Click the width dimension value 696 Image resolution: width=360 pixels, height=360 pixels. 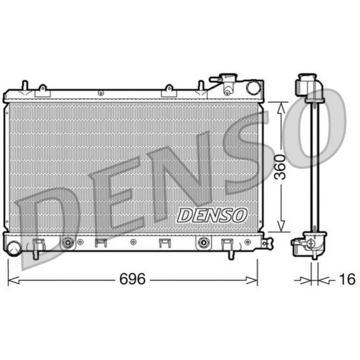pyautogui.click(x=133, y=279)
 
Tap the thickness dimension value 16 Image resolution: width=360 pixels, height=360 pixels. pyautogui.click(x=347, y=279)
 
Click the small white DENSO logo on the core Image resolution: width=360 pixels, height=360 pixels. pyautogui.click(x=212, y=215)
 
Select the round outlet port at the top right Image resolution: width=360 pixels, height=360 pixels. pyautogui.click(x=253, y=87)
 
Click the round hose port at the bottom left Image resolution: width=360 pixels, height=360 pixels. pyautogui.click(x=14, y=247)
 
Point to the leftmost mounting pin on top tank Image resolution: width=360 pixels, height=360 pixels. pyautogui.click(x=24, y=85)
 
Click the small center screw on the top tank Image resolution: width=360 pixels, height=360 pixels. pyautogui.click(x=101, y=93)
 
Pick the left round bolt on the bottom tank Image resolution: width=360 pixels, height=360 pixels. pyautogui.click(x=67, y=242)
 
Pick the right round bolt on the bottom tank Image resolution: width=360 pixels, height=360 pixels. pyautogui.click(x=204, y=242)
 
